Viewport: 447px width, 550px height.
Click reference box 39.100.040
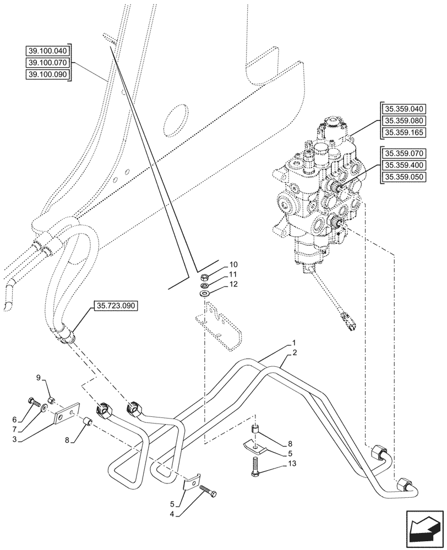(48, 51)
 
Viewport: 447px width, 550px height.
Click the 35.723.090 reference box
(118, 306)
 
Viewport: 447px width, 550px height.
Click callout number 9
(39, 377)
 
